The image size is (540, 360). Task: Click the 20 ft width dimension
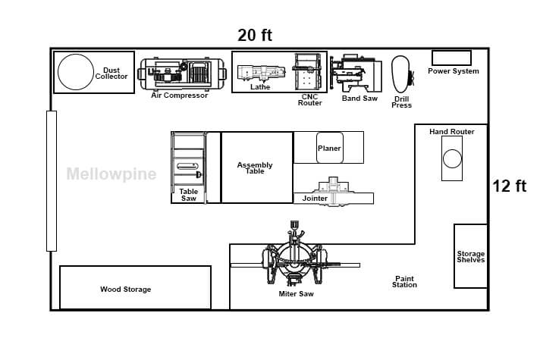255,35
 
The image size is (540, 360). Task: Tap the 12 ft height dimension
510,186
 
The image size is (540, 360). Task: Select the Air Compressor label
180,95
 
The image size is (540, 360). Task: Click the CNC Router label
310,100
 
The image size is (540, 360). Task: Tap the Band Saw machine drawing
356,74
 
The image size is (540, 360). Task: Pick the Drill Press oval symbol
400,74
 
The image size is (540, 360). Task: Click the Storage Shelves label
471,257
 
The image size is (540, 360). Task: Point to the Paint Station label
404,281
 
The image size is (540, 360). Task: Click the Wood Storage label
126,289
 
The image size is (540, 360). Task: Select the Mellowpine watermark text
111,174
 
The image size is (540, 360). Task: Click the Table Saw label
189,195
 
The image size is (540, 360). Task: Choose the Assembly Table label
255,168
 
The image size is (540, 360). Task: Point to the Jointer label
315,199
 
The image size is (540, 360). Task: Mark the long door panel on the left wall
52,181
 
